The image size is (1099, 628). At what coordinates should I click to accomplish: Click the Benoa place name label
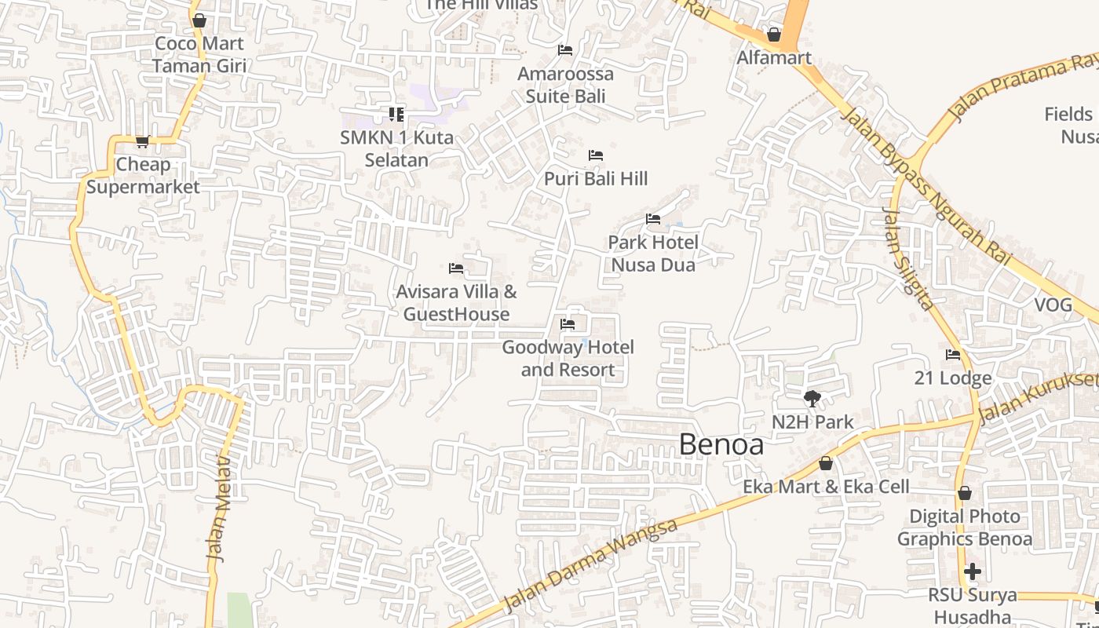(721, 444)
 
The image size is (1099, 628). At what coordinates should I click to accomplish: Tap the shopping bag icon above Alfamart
(773, 35)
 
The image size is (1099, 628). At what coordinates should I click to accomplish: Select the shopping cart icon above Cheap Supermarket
(142, 141)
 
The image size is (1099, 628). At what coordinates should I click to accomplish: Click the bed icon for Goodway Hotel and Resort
(568, 324)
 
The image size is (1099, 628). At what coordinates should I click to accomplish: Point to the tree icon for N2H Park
(812, 399)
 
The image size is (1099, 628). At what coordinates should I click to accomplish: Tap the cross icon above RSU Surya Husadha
(973, 571)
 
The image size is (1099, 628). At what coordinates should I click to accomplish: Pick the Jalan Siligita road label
(908, 258)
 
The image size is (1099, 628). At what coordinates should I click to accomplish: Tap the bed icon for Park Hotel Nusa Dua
(652, 219)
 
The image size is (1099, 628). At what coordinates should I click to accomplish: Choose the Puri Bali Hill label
(596, 179)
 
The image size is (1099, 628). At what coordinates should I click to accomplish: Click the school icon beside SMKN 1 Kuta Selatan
(396, 115)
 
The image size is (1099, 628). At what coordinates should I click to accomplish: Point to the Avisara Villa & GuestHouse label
(456, 303)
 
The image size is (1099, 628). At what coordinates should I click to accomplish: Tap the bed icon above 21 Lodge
(953, 355)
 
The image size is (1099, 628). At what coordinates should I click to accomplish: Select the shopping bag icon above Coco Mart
(199, 20)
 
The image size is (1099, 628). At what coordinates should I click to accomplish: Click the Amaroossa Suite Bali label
(565, 85)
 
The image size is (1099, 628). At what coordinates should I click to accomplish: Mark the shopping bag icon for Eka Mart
(825, 464)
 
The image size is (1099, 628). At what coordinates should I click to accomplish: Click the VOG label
(1053, 305)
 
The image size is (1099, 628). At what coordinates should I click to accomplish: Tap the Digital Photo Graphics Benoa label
(964, 528)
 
